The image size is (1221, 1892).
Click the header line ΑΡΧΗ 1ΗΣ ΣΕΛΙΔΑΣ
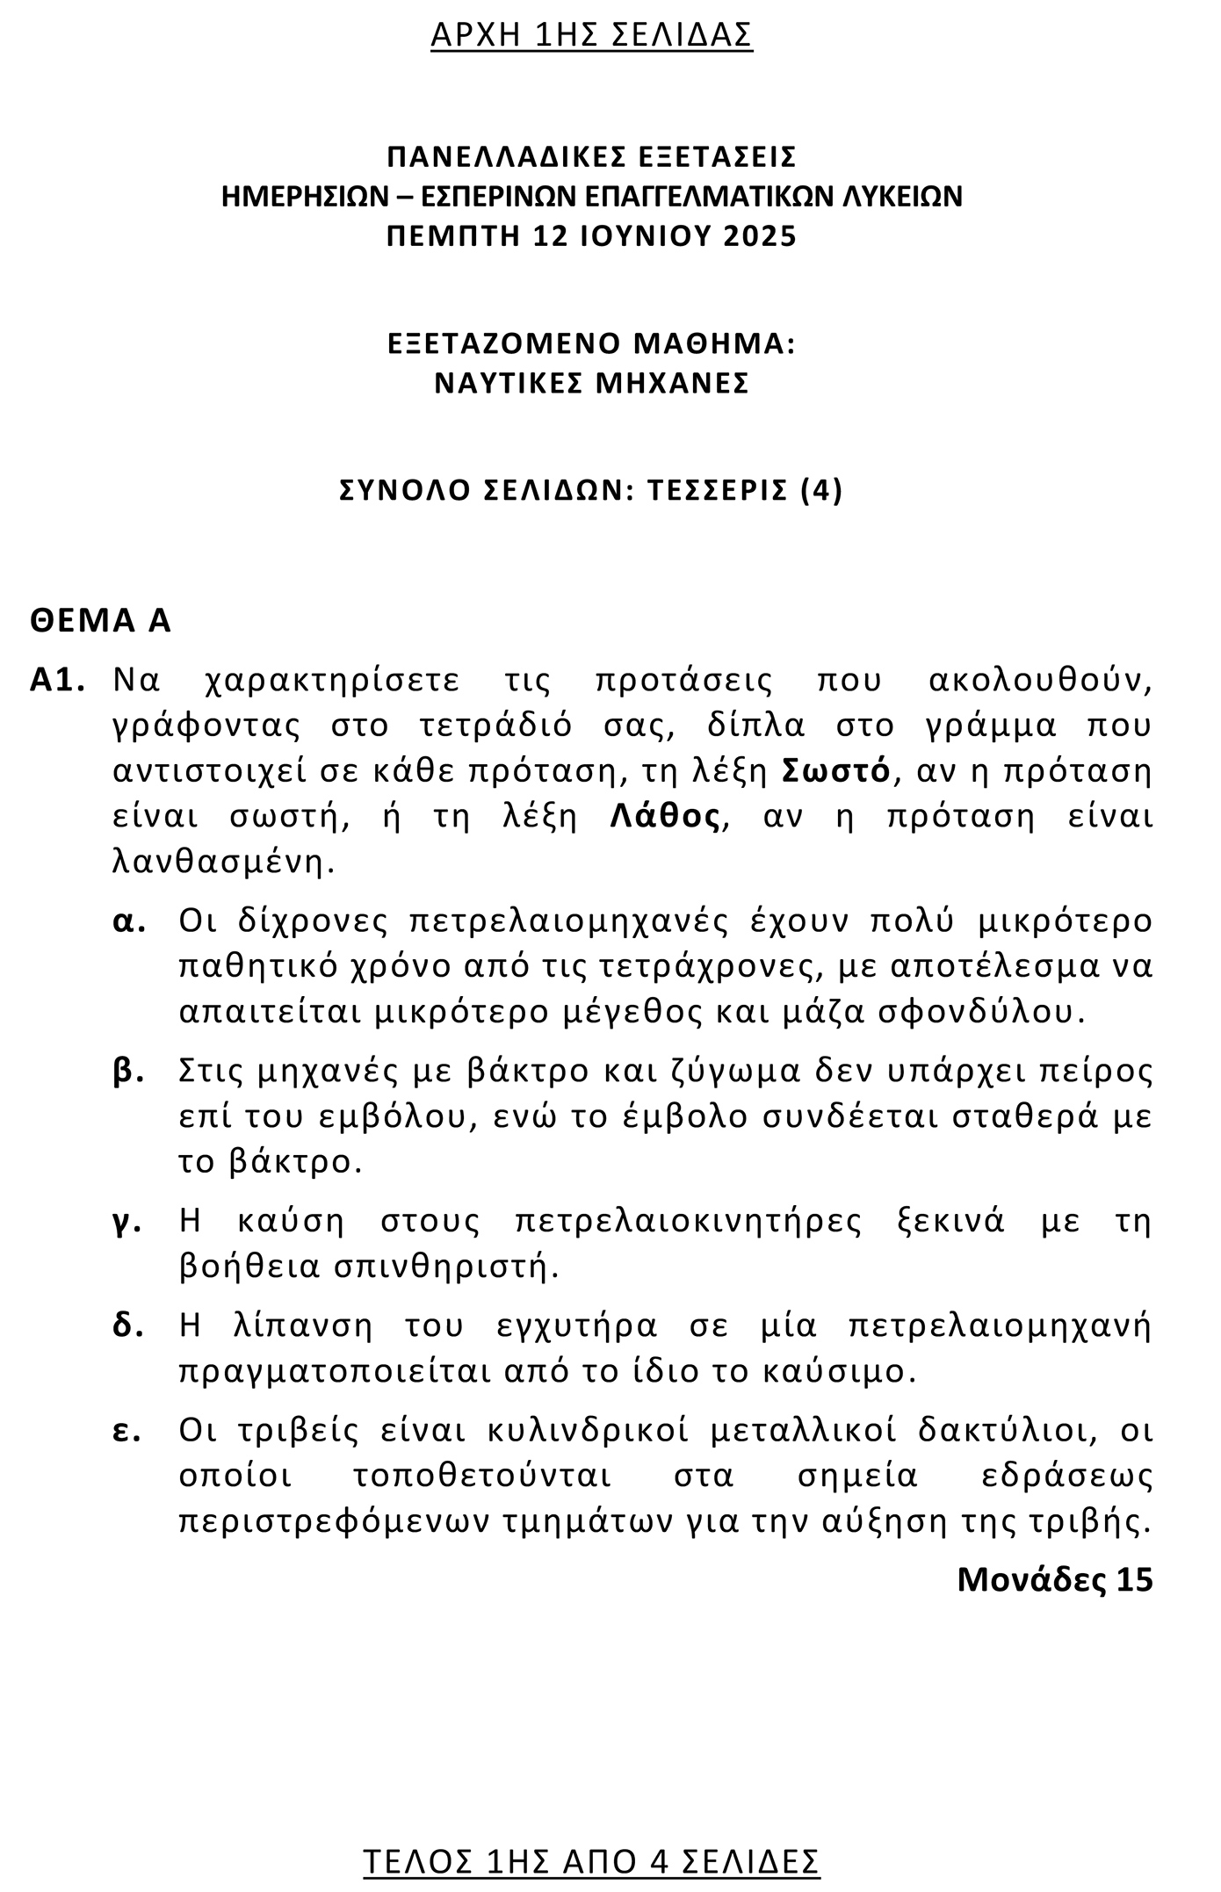pos(591,34)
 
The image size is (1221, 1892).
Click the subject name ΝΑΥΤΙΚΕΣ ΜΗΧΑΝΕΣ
pos(591,383)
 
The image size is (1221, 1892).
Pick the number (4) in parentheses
pos(821,489)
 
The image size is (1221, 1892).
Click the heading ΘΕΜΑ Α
pos(100,621)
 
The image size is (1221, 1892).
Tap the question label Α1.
pos(57,681)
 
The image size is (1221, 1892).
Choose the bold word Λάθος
pos(666,817)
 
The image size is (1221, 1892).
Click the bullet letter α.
pos(128,921)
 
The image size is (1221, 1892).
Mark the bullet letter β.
pos(128,1072)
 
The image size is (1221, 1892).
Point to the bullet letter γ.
pos(128,1223)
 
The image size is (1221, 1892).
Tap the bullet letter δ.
pos(128,1325)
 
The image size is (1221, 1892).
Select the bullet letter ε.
pos(128,1431)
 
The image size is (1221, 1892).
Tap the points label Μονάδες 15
pos(1054,1579)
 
